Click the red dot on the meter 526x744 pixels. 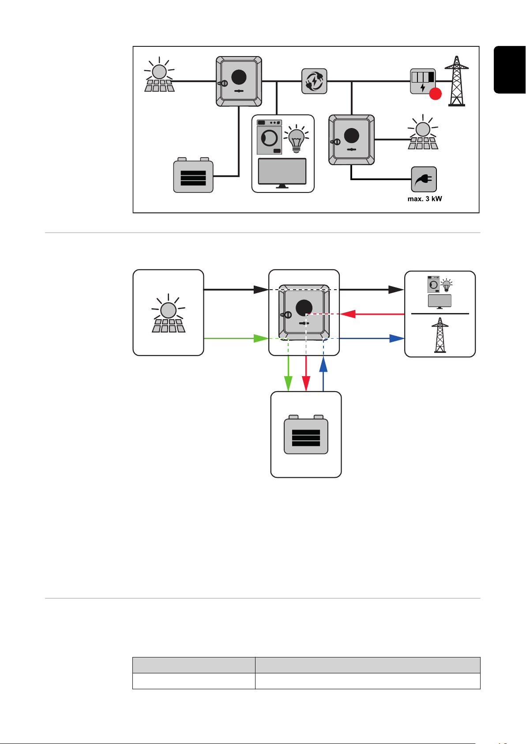pyautogui.click(x=435, y=94)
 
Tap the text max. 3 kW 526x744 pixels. pyautogui.click(x=425, y=199)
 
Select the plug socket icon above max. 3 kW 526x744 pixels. pyautogui.click(x=424, y=179)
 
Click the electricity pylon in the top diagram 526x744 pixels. pyautogui.click(x=457, y=81)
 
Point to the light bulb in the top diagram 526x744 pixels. pyautogui.click(x=297, y=139)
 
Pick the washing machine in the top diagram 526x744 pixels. pyautogui.click(x=270, y=137)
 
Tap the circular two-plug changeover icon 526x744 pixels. pyautogui.click(x=314, y=81)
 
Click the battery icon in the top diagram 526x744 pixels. pyautogui.click(x=193, y=175)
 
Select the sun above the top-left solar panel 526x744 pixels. pyautogui.click(x=159, y=71)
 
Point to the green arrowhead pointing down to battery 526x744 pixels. pyautogui.click(x=288, y=384)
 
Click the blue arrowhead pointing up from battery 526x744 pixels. pyautogui.click(x=323, y=364)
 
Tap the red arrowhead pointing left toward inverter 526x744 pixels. pyautogui.click(x=347, y=314)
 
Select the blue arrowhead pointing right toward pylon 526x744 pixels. pyautogui.click(x=397, y=339)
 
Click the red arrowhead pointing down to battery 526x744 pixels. pyautogui.click(x=306, y=384)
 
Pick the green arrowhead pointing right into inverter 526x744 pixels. pyautogui.click(x=261, y=339)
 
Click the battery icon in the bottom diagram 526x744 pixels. pyautogui.click(x=306, y=434)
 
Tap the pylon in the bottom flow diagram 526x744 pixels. pyautogui.click(x=440, y=335)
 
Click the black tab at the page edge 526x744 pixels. pyautogui.click(x=510, y=70)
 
